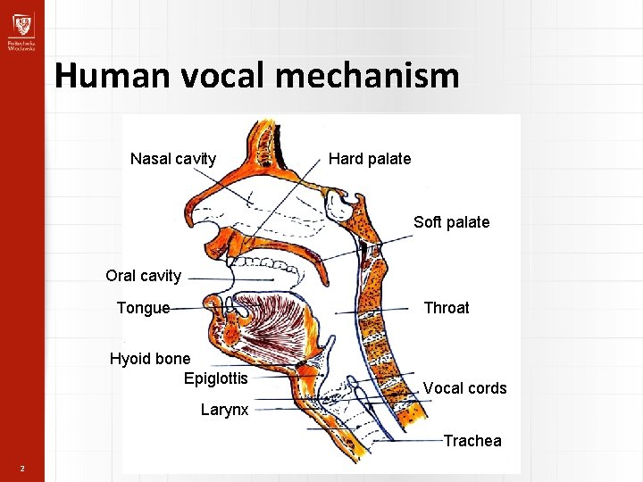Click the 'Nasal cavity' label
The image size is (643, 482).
[173, 159]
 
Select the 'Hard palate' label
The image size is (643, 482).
[370, 159]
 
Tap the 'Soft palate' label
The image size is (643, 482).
[451, 222]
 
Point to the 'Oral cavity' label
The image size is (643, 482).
[143, 276]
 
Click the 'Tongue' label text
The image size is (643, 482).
[143, 308]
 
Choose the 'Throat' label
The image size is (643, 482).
[446, 308]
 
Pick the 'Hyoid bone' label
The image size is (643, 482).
[150, 359]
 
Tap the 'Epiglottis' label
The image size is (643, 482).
[216, 378]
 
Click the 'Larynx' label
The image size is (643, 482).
[225, 411]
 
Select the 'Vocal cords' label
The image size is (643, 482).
[464, 388]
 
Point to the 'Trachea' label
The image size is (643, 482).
[472, 441]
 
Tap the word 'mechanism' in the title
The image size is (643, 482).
[367, 76]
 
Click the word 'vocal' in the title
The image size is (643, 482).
[223, 76]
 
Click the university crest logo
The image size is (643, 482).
[21, 23]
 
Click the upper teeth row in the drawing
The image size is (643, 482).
[263, 264]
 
